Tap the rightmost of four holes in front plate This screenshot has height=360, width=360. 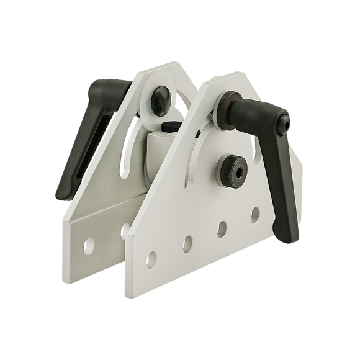[x=255, y=214]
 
